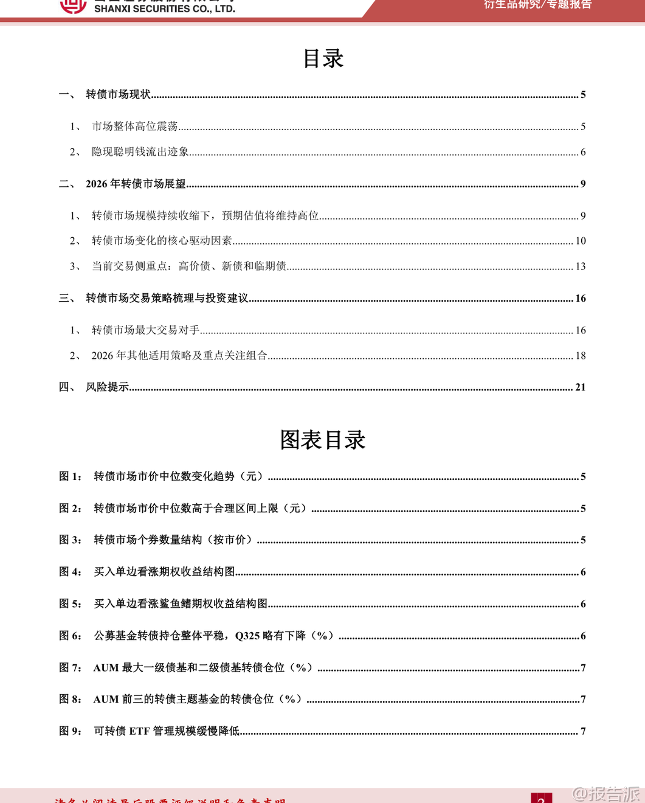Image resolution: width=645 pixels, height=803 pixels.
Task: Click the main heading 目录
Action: pyautogui.click(x=323, y=59)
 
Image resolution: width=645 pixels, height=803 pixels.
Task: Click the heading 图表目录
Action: pyautogui.click(x=323, y=440)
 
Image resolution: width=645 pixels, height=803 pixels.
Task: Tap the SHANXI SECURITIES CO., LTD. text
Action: pyautogui.click(x=165, y=9)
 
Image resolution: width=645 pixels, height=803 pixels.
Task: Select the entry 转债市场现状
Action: pyautogui.click(x=118, y=94)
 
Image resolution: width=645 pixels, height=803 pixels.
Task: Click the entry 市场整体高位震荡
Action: pyautogui.click(x=134, y=127)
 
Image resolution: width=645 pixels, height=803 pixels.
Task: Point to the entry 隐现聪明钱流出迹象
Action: pyautogui.click(x=140, y=152)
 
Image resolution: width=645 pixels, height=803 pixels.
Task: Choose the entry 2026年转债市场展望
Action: pyautogui.click(x=136, y=184)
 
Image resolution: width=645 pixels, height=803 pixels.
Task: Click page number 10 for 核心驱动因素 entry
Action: pyautogui.click(x=581, y=241)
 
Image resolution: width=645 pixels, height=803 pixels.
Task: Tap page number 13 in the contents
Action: pyautogui.click(x=581, y=266)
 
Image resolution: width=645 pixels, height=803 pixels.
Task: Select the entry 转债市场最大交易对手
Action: pyautogui.click(x=145, y=330)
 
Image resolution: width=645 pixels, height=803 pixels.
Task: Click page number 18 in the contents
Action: pyautogui.click(x=581, y=356)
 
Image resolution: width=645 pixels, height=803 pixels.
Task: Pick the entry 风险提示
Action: pyautogui.click(x=107, y=387)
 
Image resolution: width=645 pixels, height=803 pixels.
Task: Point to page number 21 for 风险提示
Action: pyautogui.click(x=581, y=387)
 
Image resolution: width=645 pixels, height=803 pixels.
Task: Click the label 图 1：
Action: pyautogui.click(x=70, y=476)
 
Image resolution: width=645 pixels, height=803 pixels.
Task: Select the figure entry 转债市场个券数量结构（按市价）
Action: pyautogui.click(x=173, y=540)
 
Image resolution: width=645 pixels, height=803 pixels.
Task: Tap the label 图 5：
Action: pyautogui.click(x=70, y=603)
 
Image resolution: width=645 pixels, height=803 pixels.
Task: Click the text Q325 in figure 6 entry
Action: pyautogui.click(x=247, y=636)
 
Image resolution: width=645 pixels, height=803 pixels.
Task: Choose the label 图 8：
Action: pyautogui.click(x=70, y=699)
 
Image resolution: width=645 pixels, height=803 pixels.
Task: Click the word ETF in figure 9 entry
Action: pyautogui.click(x=139, y=731)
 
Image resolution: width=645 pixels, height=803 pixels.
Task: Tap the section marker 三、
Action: pyautogui.click(x=67, y=298)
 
